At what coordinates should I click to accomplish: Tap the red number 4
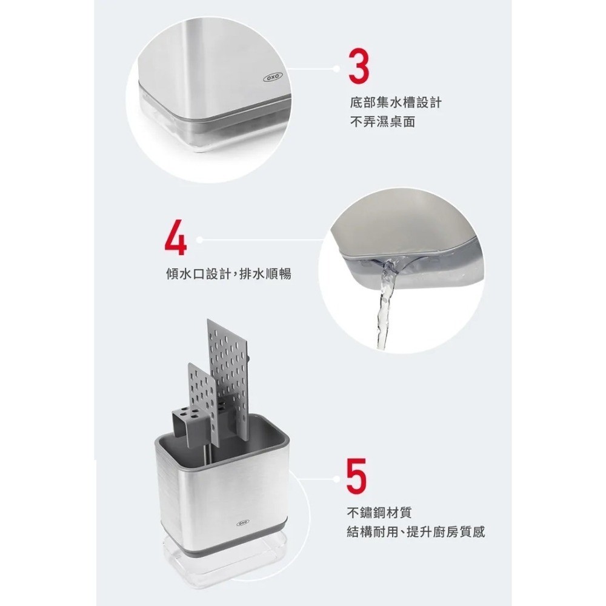175,241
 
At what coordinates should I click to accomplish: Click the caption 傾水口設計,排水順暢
228,274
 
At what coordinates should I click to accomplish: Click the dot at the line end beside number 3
337,69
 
